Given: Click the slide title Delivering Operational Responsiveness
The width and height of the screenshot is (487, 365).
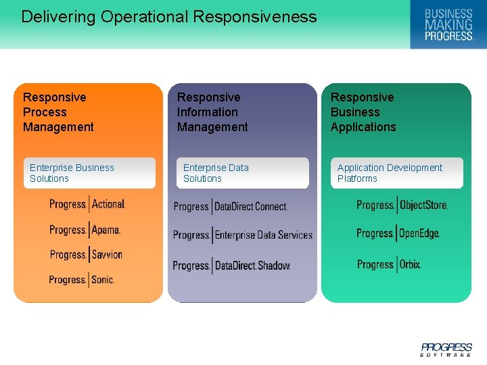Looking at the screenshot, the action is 168,17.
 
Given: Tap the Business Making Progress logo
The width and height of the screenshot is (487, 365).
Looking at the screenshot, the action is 448,25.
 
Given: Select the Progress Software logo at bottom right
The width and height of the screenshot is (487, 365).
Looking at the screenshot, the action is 446,349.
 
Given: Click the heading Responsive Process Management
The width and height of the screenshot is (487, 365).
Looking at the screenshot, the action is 58,112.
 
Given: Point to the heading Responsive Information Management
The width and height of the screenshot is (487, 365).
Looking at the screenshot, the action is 212,112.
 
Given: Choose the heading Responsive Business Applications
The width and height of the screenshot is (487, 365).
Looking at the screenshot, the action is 363,112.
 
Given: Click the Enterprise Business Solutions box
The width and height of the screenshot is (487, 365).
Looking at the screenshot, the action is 89,173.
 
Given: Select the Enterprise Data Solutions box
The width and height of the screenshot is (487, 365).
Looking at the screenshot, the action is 242,173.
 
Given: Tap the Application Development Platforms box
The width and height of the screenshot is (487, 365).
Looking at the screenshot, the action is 396,173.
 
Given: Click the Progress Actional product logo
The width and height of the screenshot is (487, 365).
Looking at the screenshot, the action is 87,204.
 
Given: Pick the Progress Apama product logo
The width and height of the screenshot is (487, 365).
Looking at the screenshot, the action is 85,230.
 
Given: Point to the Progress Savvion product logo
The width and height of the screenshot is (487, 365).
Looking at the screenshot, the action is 86,255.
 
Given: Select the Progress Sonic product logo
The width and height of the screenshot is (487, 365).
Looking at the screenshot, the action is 81,279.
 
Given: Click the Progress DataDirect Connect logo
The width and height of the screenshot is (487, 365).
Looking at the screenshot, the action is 231,207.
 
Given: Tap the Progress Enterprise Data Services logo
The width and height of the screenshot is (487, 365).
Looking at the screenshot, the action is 243,235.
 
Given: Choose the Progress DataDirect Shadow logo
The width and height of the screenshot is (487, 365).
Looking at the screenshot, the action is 231,266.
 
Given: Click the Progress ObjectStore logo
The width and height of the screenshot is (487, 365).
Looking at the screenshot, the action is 402,205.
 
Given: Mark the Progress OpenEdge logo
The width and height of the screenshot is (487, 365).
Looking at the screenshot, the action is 398,234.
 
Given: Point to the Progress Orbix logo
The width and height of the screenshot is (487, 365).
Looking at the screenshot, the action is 389,264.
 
